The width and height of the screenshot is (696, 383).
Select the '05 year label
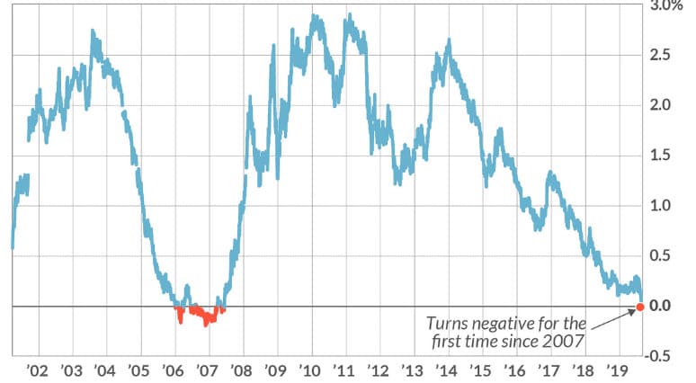click(x=138, y=370)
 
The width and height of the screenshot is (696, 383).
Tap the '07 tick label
click(x=207, y=370)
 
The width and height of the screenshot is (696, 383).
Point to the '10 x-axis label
click(x=310, y=370)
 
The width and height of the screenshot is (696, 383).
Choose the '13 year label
click(x=413, y=370)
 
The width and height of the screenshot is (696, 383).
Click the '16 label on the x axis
click(x=515, y=370)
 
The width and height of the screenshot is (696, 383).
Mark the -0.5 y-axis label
click(x=658, y=356)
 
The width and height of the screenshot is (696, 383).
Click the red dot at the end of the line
click(x=639, y=307)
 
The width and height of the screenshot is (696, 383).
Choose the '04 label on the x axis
click(x=104, y=370)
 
